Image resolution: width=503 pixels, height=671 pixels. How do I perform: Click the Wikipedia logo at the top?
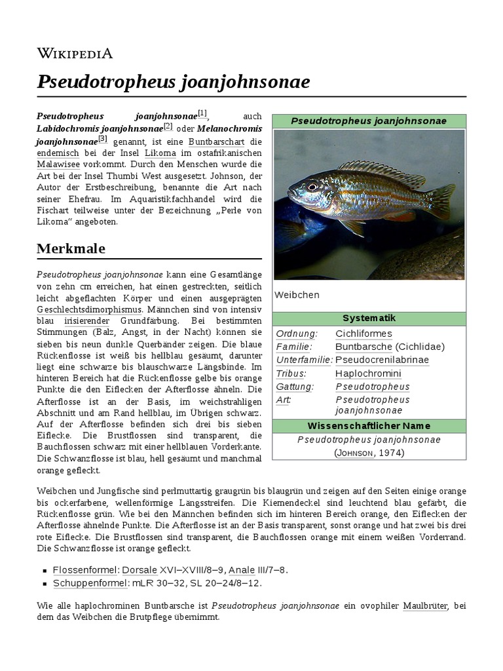pyautogui.click(x=75, y=54)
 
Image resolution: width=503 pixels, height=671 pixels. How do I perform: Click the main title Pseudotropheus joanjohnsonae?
pyautogui.click(x=174, y=82)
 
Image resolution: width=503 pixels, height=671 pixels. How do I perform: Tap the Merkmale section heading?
pyautogui.click(x=71, y=249)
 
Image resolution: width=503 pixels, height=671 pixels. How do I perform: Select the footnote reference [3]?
pyautogui.click(x=102, y=138)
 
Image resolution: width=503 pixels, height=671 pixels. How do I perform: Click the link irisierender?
pyautogui.click(x=87, y=321)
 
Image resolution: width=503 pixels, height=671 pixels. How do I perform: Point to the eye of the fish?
pyautogui.click(x=312, y=186)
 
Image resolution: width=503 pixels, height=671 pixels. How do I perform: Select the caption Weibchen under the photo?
pyautogui.click(x=297, y=295)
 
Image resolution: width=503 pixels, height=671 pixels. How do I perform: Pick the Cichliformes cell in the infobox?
pyautogui.click(x=363, y=334)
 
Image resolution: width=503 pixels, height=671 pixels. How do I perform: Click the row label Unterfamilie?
pyautogui.click(x=304, y=360)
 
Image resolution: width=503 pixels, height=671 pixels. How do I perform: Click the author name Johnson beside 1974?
pyautogui.click(x=356, y=453)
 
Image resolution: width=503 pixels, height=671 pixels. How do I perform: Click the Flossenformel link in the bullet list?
pyautogui.click(x=84, y=570)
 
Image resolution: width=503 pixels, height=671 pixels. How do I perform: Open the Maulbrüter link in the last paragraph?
pyautogui.click(x=425, y=606)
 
